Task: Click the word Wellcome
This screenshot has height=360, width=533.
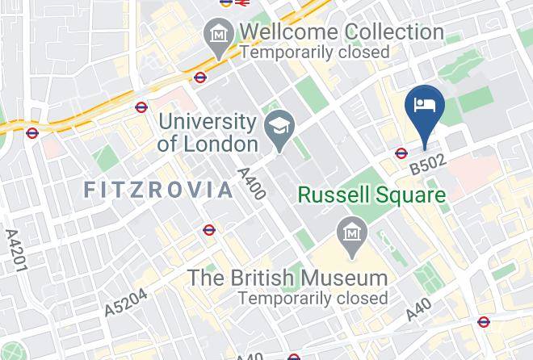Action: click(x=288, y=33)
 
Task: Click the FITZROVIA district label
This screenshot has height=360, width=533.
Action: click(x=158, y=190)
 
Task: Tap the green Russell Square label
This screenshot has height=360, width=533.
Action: click(x=371, y=195)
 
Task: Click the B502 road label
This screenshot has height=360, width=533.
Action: click(x=427, y=165)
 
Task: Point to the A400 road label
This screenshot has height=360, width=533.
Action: click(x=251, y=183)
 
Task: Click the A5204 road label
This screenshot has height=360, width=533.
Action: click(x=126, y=302)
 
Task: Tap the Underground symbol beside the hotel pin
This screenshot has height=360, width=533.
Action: click(x=401, y=153)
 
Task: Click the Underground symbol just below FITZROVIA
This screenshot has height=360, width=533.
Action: click(x=209, y=230)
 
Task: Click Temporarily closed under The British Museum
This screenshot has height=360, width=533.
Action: click(x=312, y=297)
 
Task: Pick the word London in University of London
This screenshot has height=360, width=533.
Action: click(x=218, y=144)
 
